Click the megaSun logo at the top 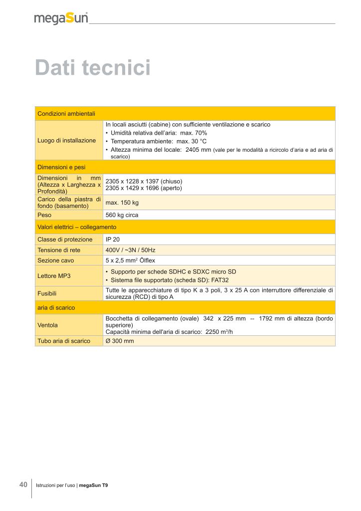coord(61,18)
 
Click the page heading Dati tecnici coord(93,68)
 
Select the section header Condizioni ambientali coord(66,114)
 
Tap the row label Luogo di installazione coord(67,141)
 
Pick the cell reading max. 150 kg coord(122,203)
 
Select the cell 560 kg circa coord(122,215)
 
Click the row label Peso coord(44,215)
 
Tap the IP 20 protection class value coord(113,240)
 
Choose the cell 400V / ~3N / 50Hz coord(131,250)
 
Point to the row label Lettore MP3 coord(54,275)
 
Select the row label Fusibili coord(47,293)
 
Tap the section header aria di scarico coord(56,308)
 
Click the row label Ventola coord(48,325)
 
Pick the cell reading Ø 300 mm coord(120,341)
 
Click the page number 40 coord(23,485)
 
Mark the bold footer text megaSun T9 coord(93,486)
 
